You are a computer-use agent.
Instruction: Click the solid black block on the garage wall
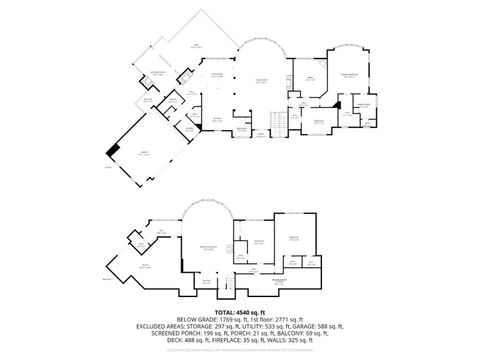coord(112,151)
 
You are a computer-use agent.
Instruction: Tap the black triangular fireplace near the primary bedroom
coord(341,100)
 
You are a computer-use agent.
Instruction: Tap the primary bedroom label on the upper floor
coord(349,76)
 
